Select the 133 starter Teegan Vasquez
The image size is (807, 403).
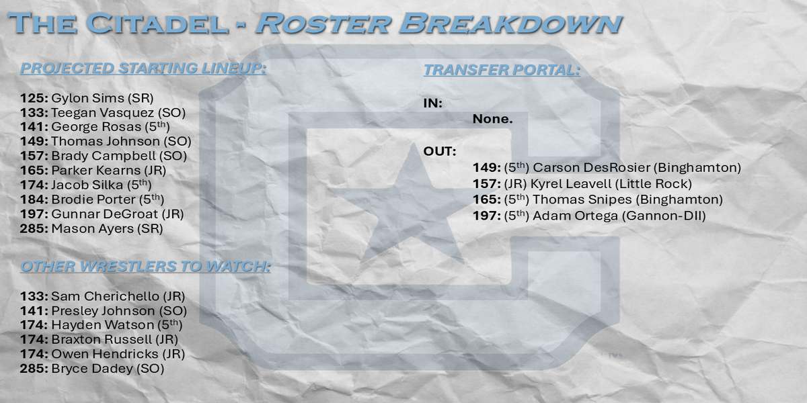click(x=102, y=113)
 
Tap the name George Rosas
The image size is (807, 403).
click(x=96, y=127)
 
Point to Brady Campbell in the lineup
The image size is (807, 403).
click(x=104, y=156)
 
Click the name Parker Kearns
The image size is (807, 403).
click(x=95, y=170)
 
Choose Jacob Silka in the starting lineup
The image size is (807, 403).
click(x=87, y=185)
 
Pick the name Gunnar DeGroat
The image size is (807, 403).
click(x=104, y=214)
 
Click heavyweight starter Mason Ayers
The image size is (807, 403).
click(x=92, y=228)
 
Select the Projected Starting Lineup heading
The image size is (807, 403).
click(x=143, y=69)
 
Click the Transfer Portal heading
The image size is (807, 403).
click(x=502, y=70)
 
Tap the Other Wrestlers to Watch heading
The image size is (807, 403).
click(x=145, y=266)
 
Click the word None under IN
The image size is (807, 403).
click(x=492, y=119)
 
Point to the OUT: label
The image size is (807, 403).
click(x=440, y=152)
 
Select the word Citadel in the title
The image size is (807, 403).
click(x=157, y=24)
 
